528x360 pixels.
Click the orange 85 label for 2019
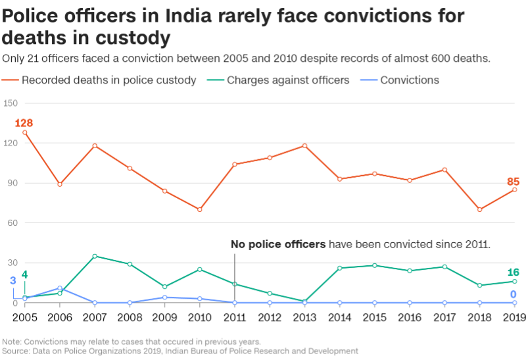tap(514, 182)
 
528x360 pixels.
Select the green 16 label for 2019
tap(514, 272)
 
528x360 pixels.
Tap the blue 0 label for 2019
tap(514, 294)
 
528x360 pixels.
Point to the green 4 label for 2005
tap(24, 274)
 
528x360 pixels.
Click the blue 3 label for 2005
tap(12, 281)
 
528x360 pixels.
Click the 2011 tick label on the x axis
tap(235, 318)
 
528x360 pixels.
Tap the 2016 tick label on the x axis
tap(409, 318)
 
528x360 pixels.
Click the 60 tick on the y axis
tap(12, 223)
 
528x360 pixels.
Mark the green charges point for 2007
tap(95, 256)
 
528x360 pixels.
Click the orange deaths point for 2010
tap(200, 209)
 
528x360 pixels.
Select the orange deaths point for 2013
tap(304, 145)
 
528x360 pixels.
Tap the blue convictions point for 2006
tap(60, 288)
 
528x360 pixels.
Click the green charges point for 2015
tap(374, 265)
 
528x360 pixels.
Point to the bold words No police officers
tap(277, 244)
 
